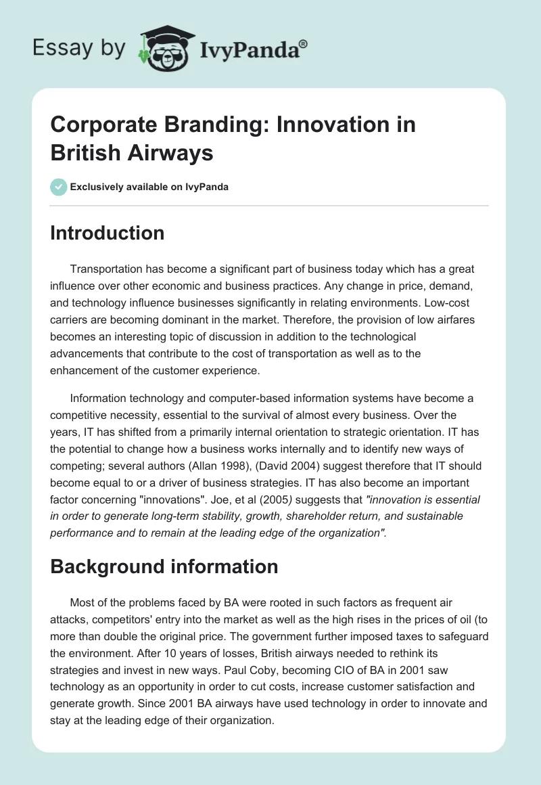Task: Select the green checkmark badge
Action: [59, 187]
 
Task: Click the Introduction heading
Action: [108, 233]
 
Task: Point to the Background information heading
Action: [164, 566]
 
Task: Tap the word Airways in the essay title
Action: [171, 153]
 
